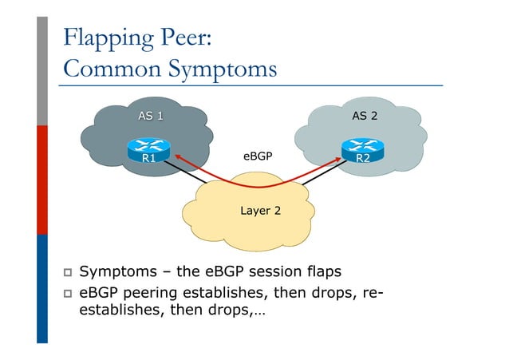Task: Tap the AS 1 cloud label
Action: coord(150,117)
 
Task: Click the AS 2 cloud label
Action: coord(365,117)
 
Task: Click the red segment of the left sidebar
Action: coord(42,180)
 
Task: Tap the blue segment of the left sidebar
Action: coord(42,287)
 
